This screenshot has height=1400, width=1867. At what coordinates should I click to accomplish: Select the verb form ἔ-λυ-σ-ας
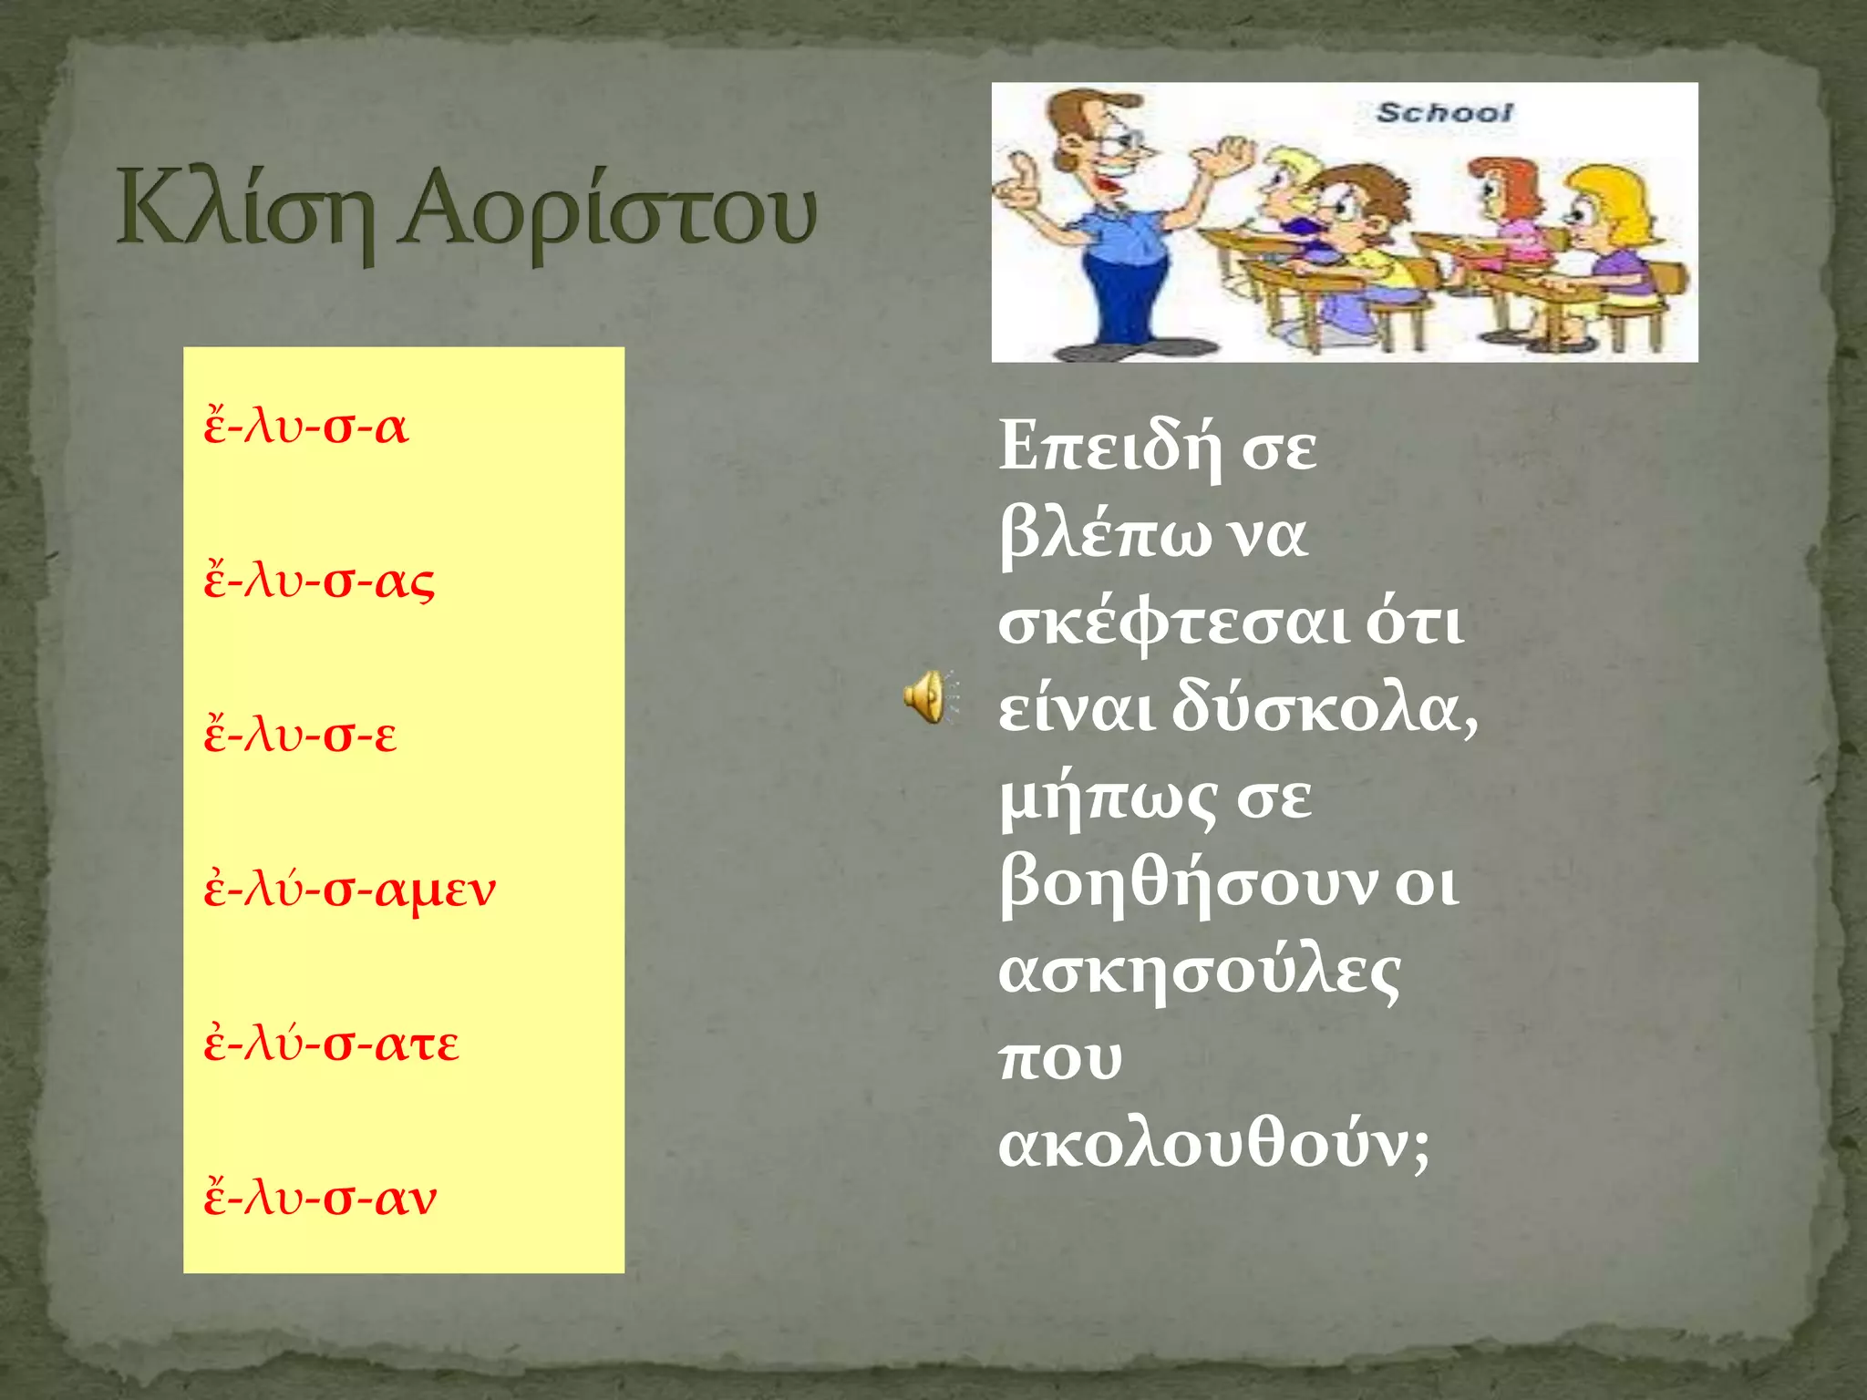[319, 581]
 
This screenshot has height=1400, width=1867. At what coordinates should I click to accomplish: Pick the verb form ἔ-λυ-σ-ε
[301, 735]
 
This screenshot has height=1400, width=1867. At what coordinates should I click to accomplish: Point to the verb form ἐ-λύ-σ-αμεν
[350, 889]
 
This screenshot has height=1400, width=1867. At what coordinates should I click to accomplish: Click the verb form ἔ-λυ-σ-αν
[321, 1197]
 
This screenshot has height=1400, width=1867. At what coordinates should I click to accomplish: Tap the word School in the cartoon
[1443, 113]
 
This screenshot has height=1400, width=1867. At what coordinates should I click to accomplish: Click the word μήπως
[1108, 798]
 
